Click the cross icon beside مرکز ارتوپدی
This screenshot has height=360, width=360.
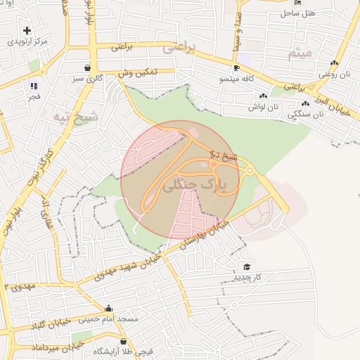click(27, 30)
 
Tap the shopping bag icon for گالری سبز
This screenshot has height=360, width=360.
click(86, 68)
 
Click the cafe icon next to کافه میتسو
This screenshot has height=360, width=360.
click(236, 68)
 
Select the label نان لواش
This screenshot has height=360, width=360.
click(262, 107)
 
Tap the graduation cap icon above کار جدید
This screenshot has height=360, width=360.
click(246, 266)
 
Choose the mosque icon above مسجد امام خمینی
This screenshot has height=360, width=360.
click(108, 308)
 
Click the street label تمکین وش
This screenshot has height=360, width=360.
click(136, 72)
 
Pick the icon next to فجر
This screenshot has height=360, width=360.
click(33, 86)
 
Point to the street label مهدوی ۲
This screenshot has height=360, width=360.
click(20, 286)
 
